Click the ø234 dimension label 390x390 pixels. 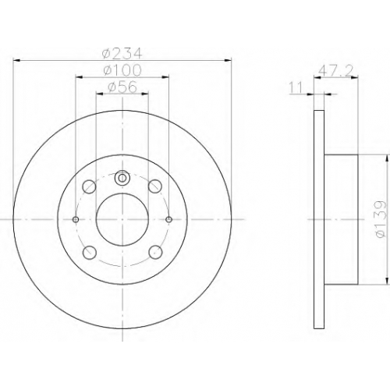pos(122,54)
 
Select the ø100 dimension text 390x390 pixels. pos(122,70)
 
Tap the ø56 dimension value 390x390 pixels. pos(122,87)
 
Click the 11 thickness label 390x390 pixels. pos(296,87)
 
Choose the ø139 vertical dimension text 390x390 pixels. pos(381,218)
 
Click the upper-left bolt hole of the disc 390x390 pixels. pos(89,186)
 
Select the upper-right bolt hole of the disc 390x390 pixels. pos(155,186)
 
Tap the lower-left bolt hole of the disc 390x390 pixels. pos(90,252)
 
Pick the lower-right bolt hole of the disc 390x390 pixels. pos(155,252)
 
